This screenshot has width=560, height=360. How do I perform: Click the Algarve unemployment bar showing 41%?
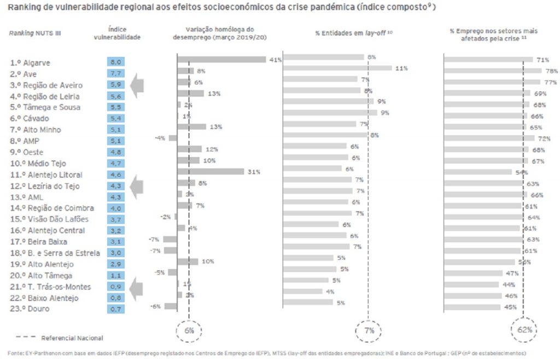tap(221, 60)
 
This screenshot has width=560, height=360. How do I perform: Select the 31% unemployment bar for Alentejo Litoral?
tap(211, 171)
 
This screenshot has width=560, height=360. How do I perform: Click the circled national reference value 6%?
tap(189, 330)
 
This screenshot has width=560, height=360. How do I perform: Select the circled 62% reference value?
tap(524, 330)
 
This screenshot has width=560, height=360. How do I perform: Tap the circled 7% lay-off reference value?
tap(368, 330)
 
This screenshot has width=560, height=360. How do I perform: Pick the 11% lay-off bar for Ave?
tap(339, 68)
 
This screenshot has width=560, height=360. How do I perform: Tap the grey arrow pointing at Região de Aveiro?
tap(136, 85)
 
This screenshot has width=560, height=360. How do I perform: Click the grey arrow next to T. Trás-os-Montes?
tap(136, 287)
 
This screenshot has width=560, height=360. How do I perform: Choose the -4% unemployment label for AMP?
tap(160, 138)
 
